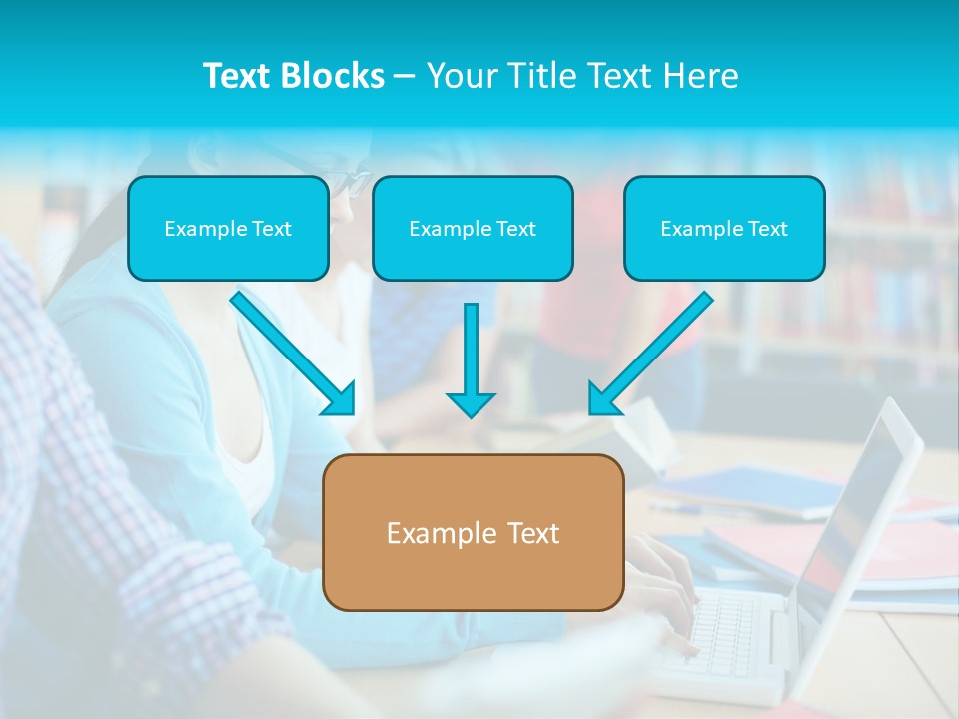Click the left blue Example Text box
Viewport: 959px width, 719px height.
coord(228,228)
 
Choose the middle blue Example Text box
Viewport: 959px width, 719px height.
coord(473,228)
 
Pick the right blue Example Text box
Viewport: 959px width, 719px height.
coord(724,228)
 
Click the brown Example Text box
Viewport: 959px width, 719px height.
coord(473,532)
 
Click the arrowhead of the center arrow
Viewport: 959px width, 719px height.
coord(471,404)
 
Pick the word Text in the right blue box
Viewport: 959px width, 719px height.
coord(767,228)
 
